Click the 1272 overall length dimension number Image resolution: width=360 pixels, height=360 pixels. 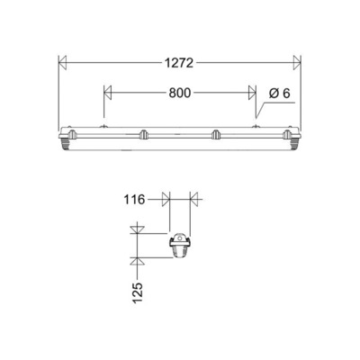[x=178, y=63]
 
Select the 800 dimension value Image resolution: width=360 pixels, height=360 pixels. [x=178, y=92]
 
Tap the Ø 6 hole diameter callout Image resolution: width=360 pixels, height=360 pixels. [x=279, y=92]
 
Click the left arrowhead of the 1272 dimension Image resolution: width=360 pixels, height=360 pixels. [x=62, y=63]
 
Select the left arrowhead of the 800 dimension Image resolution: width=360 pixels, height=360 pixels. [x=109, y=92]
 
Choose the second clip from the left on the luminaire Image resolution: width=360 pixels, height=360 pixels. [x=142, y=135]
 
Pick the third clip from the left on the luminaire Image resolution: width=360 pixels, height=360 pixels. [x=215, y=135]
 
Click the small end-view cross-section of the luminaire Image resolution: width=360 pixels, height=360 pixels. [x=179, y=245]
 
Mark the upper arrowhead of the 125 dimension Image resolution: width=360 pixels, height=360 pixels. [x=136, y=231]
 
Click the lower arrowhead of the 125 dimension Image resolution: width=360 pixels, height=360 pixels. [x=136, y=262]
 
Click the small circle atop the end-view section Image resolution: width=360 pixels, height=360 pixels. [x=179, y=238]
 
